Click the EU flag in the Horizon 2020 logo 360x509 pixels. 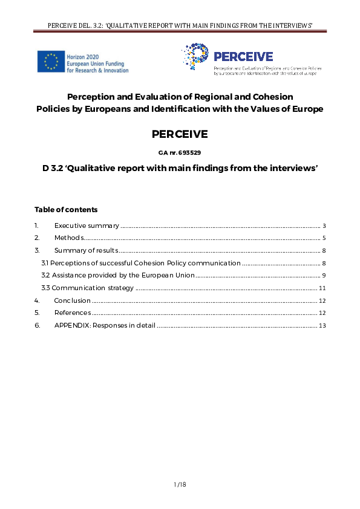(51, 62)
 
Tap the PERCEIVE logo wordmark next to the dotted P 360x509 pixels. (243, 57)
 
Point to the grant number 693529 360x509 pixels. (188, 153)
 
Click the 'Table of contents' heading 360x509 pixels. (66, 210)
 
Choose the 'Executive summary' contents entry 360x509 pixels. (87, 225)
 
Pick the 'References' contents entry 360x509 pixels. (73, 313)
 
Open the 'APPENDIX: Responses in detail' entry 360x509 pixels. (105, 325)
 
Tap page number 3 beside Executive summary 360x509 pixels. (324, 225)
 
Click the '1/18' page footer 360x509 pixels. (180, 484)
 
